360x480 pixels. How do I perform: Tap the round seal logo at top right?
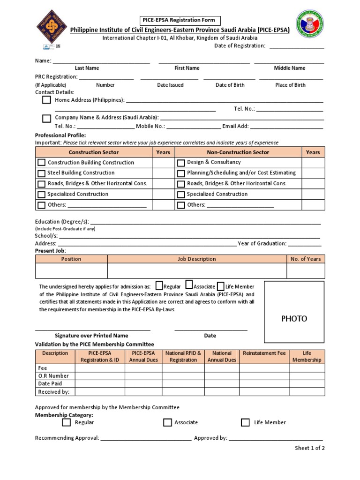pos(309,24)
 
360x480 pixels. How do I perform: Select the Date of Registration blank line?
pos(296,46)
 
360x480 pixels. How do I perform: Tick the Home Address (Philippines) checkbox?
pos(46,100)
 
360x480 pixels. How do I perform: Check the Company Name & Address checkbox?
pos(46,118)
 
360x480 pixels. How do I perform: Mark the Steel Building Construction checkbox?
pos(42,173)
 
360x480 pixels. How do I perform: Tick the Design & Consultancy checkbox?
pos(181,163)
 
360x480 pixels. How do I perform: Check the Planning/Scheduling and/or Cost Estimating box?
pos(181,173)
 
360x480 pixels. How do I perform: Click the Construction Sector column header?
pos(94,152)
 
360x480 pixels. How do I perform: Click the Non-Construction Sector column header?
pos(238,152)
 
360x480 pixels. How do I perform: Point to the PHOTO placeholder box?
pos(294,319)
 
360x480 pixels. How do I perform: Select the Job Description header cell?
pos(197,259)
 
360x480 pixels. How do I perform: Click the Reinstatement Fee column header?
pos(264,353)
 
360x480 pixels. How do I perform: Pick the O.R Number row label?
pos(53,376)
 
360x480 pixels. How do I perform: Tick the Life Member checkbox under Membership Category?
pos(245,423)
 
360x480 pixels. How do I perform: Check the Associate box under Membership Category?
pos(167,423)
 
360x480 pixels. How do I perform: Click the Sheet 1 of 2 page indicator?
pos(309,448)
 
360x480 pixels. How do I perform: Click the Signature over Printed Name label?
pos(91,336)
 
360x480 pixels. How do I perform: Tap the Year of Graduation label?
pos(262,244)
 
